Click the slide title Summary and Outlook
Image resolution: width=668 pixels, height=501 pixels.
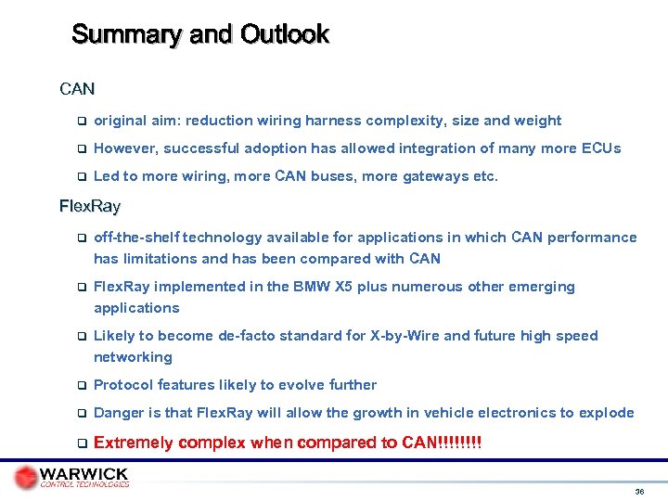199,35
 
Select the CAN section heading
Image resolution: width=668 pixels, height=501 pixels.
77,90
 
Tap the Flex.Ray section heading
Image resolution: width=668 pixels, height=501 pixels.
90,205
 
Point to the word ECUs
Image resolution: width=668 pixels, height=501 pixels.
601,148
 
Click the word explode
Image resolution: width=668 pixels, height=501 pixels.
607,413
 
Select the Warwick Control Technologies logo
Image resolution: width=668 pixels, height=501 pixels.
72,477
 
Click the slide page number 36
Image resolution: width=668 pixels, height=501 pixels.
639,491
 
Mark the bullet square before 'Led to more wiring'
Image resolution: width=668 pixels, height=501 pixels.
81,176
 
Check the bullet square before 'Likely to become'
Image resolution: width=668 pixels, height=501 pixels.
81,336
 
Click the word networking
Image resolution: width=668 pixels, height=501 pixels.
133,357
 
